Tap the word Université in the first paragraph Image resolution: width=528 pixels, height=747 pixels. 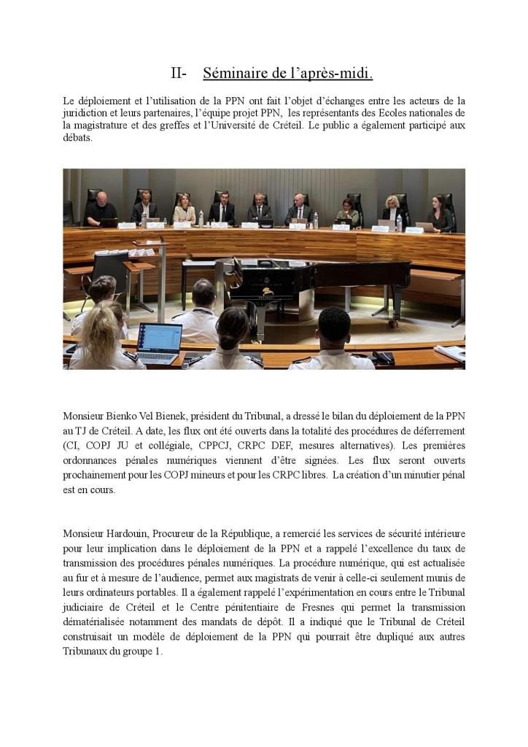357,125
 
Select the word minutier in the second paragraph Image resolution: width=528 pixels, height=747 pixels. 399,475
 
